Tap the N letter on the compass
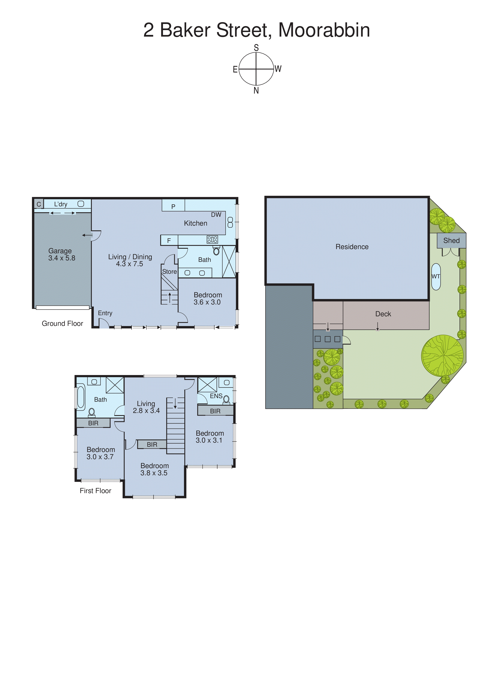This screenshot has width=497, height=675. (256, 90)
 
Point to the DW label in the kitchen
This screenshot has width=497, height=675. (216, 215)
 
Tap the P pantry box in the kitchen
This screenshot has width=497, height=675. (173, 206)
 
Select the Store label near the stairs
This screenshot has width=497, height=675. (169, 272)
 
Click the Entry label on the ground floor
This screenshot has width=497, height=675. (105, 313)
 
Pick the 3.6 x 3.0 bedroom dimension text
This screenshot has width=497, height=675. (207, 302)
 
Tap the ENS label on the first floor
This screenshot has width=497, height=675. (216, 396)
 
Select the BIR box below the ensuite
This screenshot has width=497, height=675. (215, 411)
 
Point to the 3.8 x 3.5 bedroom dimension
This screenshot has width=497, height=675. (154, 473)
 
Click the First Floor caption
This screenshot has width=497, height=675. (95, 491)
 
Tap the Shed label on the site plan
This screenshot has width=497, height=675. (451, 241)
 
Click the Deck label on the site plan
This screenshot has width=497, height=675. (383, 314)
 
